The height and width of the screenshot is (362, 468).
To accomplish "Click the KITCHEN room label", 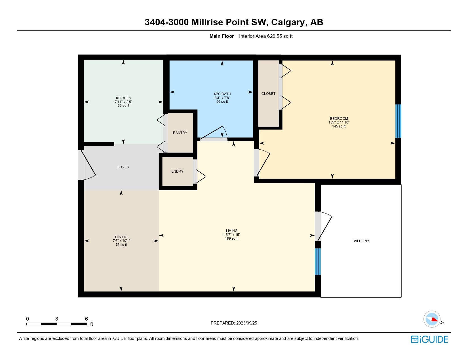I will tap(123, 98).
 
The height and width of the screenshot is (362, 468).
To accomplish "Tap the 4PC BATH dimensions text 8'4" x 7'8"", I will tap(222, 98).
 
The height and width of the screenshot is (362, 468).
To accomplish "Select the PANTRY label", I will tap(180, 133).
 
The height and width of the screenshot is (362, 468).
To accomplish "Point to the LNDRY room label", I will tap(177, 171).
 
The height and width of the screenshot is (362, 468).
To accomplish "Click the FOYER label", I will tap(123, 167).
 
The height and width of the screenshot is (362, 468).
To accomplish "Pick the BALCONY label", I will tap(361, 241).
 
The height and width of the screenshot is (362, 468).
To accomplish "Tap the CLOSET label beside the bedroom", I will tap(268, 94).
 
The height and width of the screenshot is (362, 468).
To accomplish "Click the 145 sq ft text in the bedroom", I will tap(339, 126).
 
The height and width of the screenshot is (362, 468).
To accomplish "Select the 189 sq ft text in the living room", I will tap(231, 238).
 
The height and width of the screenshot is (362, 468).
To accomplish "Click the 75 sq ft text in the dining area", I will tap(121, 245).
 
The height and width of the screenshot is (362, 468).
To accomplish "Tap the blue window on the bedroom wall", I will tap(398, 121).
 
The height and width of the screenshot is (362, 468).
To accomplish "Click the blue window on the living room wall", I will tap(318, 261).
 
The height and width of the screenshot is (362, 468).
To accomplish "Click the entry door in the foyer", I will tap(87, 165).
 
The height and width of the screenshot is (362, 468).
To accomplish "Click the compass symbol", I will tap(432, 319).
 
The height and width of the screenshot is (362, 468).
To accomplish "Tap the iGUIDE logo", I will tap(429, 339).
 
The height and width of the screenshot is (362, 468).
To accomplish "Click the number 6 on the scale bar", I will tap(87, 319).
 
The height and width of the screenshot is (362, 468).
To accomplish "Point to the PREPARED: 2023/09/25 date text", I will tap(234, 323).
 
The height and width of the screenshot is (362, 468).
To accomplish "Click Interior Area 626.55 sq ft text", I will tap(266, 36).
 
